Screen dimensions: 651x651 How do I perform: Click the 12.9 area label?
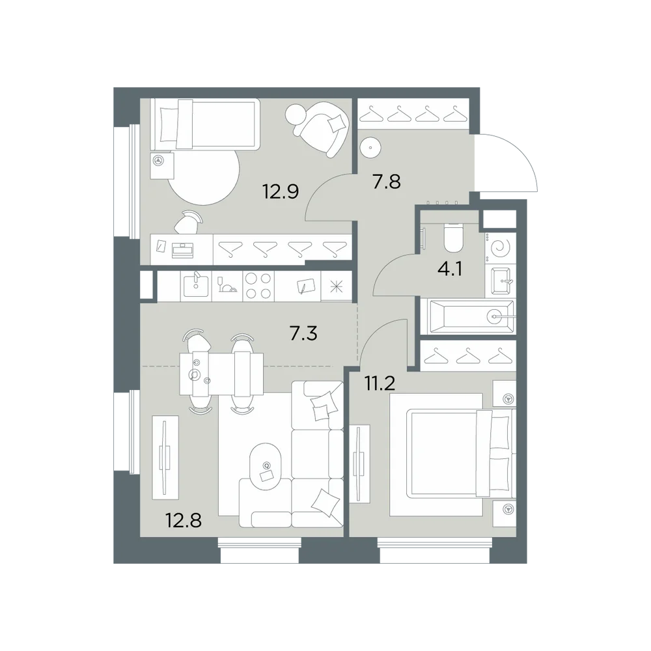tap(281, 192)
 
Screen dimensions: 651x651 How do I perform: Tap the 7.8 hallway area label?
tap(387, 182)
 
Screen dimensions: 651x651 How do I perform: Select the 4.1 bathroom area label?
tap(450, 270)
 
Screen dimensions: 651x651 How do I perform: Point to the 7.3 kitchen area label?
tap(303, 333)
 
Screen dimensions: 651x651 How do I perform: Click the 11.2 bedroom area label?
tap(380, 384)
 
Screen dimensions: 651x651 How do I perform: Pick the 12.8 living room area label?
tap(184, 520)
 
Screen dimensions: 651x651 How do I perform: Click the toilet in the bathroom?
tap(453, 238)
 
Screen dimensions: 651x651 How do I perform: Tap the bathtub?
tap(467, 318)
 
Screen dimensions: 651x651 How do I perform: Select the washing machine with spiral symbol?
tap(500, 249)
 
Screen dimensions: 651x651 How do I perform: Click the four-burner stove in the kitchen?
tap(258, 286)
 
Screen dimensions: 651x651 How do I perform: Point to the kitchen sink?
tap(196, 286)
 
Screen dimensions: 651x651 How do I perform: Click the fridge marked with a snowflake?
tap(337, 286)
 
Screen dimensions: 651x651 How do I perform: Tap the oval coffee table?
tap(266, 467)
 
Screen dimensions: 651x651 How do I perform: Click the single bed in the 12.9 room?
tap(205, 124)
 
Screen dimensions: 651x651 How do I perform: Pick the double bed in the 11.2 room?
tap(460, 453)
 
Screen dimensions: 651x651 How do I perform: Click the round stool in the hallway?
tap(370, 147)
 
